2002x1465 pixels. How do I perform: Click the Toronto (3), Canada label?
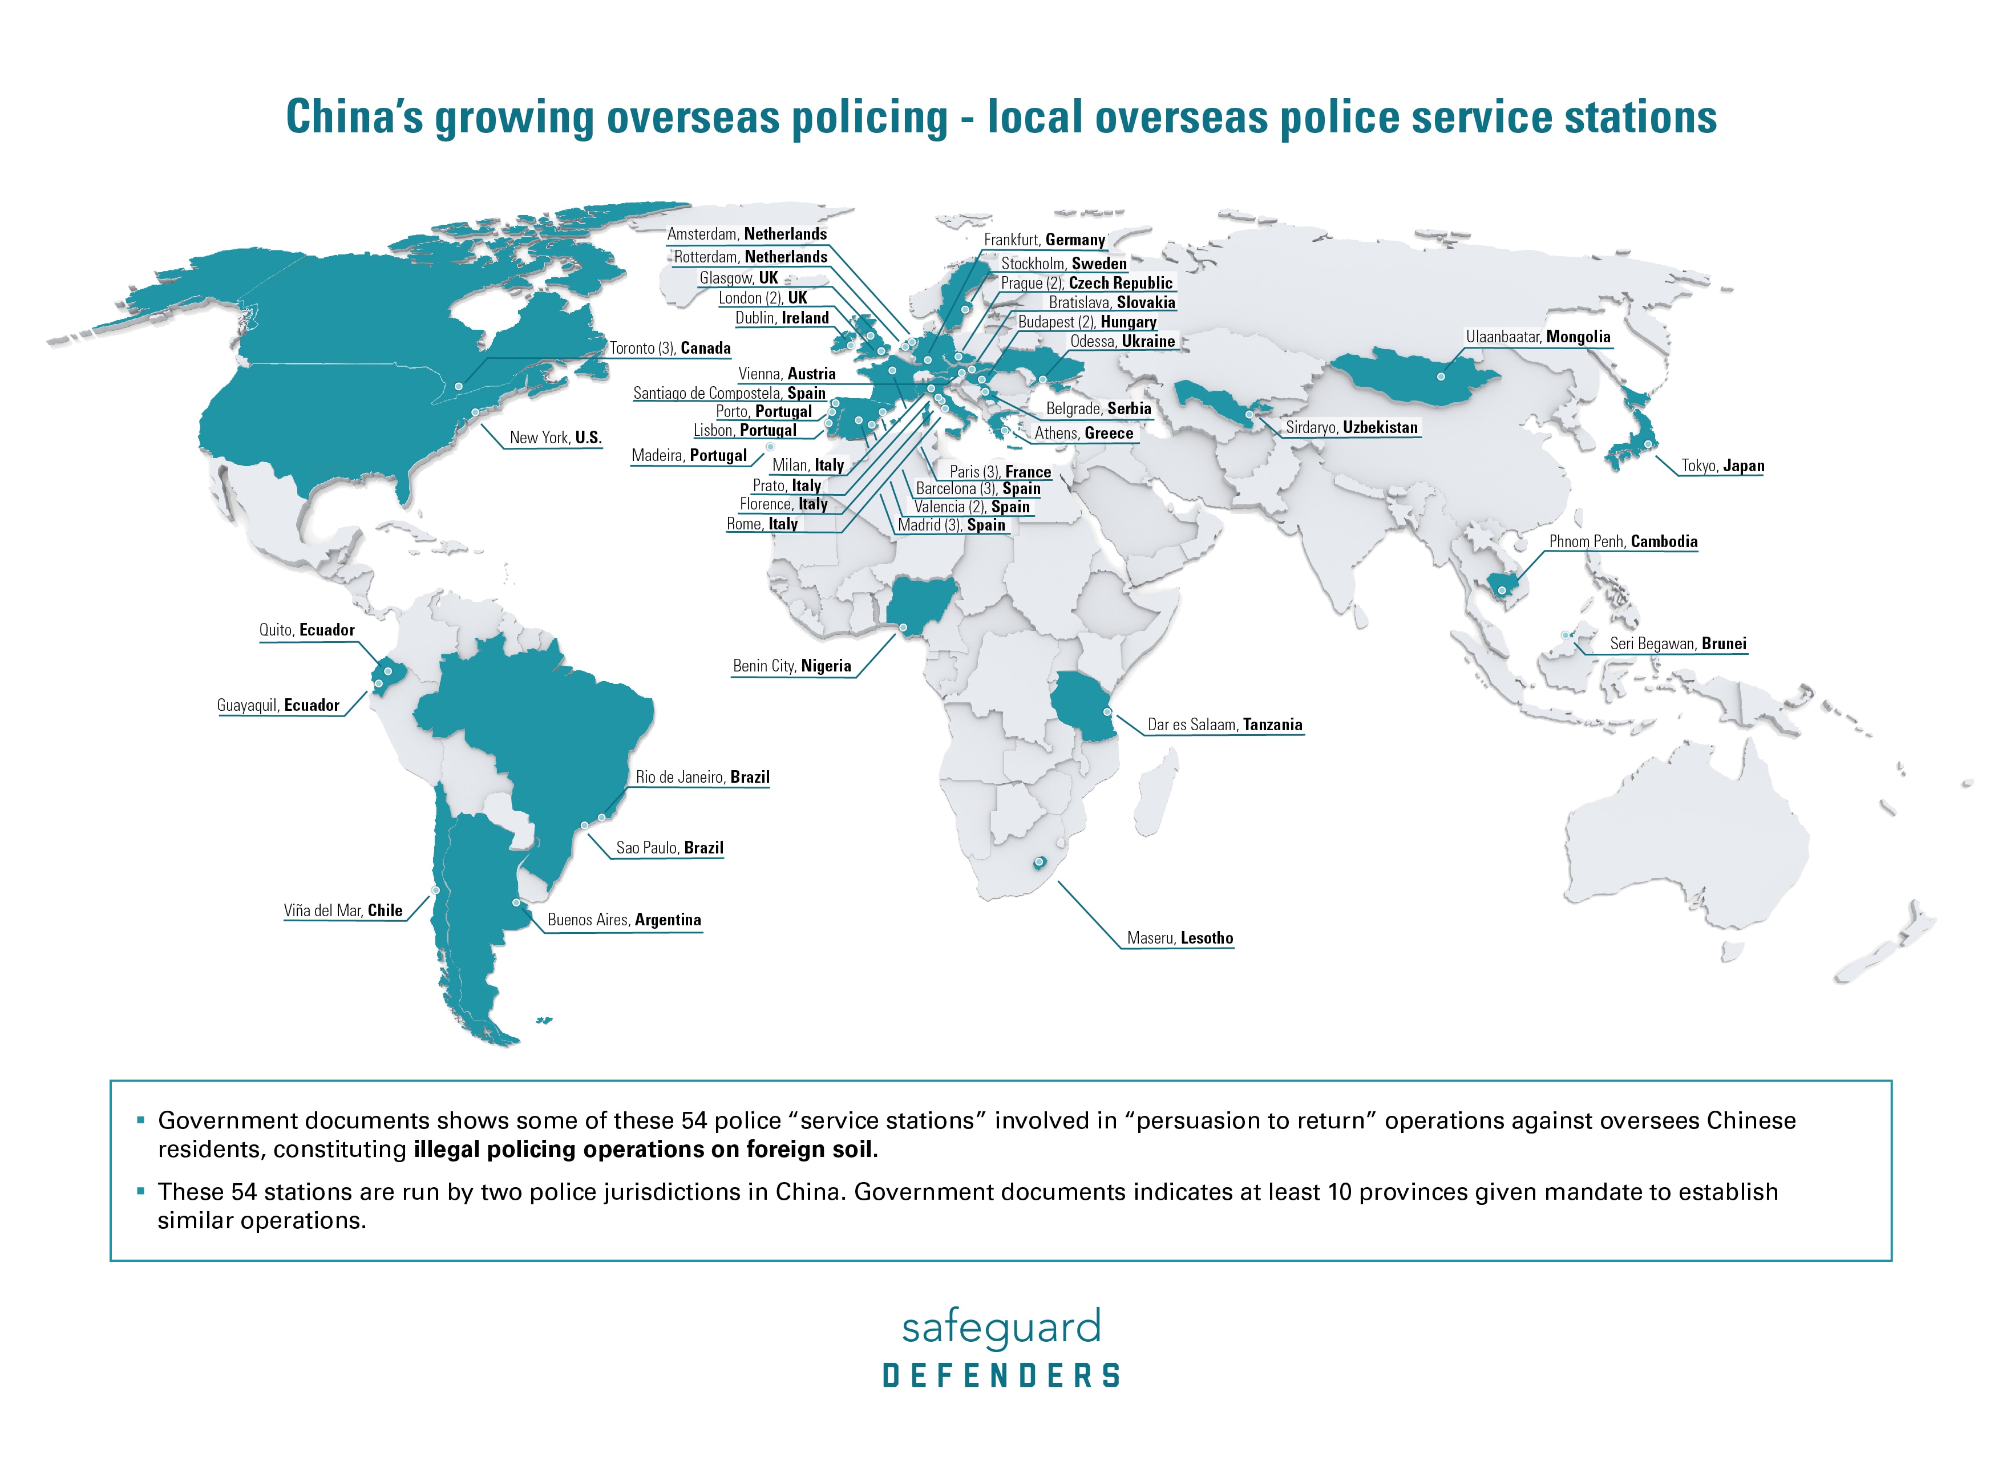[x=670, y=349]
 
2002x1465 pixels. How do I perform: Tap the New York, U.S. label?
[x=555, y=437]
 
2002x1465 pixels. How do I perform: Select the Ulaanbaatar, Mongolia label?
[x=1538, y=337]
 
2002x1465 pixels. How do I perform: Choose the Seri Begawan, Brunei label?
[x=1677, y=644]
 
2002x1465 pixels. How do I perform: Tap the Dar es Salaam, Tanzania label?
[x=1224, y=725]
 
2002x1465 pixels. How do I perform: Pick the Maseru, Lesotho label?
[x=1179, y=938]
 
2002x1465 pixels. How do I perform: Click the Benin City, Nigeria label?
[x=792, y=666]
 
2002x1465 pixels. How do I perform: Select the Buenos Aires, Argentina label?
[x=624, y=920]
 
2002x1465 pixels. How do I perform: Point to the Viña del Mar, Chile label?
[x=343, y=910]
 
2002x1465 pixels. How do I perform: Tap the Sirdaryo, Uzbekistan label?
[x=1351, y=427]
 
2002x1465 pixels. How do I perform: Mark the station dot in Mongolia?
[x=1441, y=377]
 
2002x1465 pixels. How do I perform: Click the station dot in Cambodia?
[x=1502, y=590]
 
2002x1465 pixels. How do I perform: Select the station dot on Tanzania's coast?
[x=1107, y=712]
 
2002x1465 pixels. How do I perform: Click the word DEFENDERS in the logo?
[x=1001, y=1375]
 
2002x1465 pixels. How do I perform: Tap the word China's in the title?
[x=355, y=117]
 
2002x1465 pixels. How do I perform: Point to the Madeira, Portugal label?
[x=689, y=456]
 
